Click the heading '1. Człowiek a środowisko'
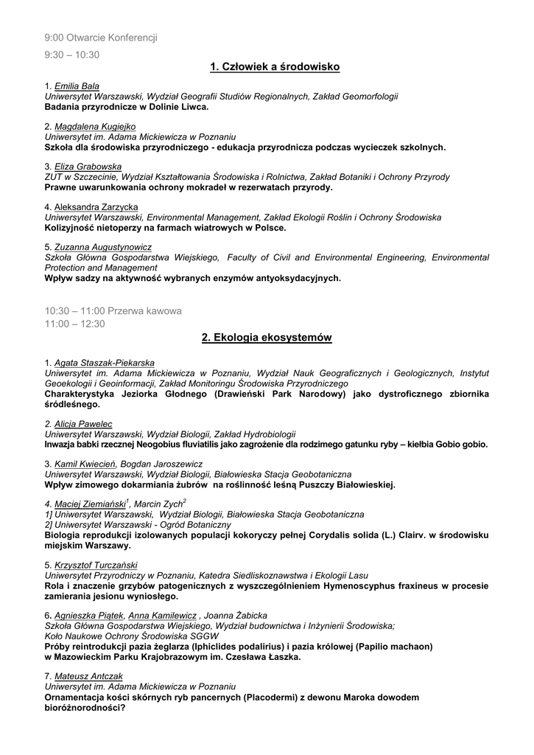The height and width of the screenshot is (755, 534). pyautogui.click(x=275, y=68)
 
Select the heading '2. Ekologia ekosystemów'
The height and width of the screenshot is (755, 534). pyautogui.click(x=267, y=338)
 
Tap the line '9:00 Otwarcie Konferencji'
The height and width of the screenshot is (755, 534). pyautogui.click(x=101, y=37)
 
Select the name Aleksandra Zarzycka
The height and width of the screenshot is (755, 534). pyautogui.click(x=96, y=208)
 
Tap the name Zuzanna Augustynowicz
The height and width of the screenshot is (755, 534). pyautogui.click(x=103, y=248)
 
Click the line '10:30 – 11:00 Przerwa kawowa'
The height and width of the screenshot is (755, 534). pyautogui.click(x=113, y=311)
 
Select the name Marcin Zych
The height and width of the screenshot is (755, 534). pyautogui.click(x=154, y=504)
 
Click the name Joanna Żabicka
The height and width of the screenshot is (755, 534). pyautogui.click(x=236, y=616)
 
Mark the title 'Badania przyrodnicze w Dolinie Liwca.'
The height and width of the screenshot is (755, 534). pyautogui.click(x=127, y=106)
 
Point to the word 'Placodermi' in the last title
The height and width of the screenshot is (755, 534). pyautogui.click(x=270, y=697)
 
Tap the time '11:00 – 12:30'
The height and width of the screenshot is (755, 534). pyautogui.click(x=75, y=324)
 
